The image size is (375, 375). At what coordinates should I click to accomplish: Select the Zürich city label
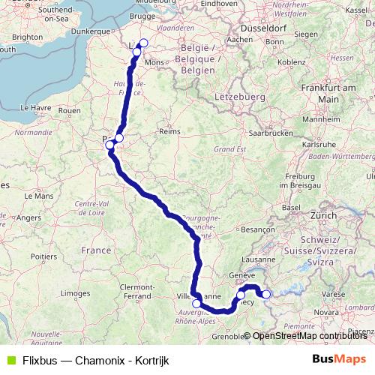pyautogui.click(x=324, y=214)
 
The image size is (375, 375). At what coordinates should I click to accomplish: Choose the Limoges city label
pyautogui.click(x=74, y=292)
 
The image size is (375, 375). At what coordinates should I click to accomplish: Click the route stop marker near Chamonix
pyautogui.click(x=265, y=294)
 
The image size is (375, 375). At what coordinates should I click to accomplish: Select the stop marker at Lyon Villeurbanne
pyautogui.click(x=197, y=304)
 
